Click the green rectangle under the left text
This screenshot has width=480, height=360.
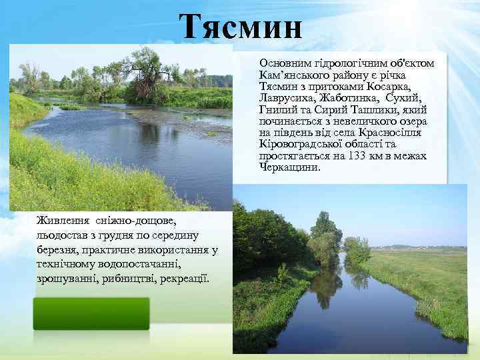pos(91,313)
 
